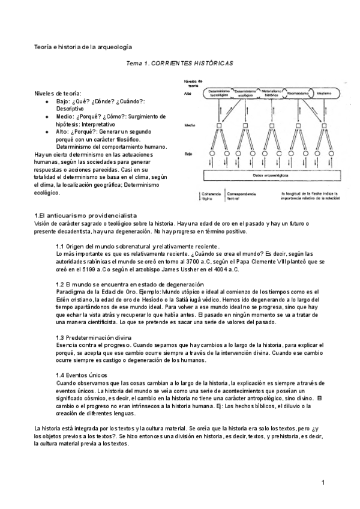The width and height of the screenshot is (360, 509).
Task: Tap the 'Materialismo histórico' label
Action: (x=271, y=94)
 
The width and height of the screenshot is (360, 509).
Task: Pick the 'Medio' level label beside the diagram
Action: (x=190, y=126)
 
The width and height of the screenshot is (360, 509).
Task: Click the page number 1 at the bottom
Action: (x=323, y=483)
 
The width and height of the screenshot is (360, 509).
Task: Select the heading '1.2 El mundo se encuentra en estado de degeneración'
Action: (x=129, y=283)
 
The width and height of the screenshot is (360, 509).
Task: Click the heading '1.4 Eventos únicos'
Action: (x=82, y=375)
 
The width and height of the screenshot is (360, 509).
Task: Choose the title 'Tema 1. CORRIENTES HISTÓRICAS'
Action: (x=179, y=63)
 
